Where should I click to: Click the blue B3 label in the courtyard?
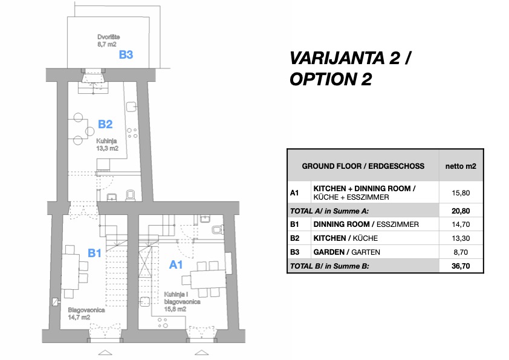point(126,54)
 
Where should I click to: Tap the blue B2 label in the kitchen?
point(105,124)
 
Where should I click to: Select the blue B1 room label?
point(94,253)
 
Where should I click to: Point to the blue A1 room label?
point(176,265)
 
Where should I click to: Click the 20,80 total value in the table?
point(461,211)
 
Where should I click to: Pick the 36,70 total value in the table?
point(461,266)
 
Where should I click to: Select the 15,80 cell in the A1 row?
point(461,193)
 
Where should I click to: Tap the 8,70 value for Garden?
point(461,252)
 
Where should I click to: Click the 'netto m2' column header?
point(461,166)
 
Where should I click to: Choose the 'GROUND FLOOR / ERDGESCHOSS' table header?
point(363,166)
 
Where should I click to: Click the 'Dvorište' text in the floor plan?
point(108,37)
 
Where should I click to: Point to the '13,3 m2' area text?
point(107,148)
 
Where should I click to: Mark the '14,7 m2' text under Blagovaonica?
point(79,318)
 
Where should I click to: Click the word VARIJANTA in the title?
point(337,59)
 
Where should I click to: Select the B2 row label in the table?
point(294,238)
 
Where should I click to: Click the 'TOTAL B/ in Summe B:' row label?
point(329,266)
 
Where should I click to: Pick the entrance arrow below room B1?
point(105,353)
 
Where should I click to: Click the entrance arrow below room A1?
point(201,353)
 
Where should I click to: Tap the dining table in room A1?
point(208,279)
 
